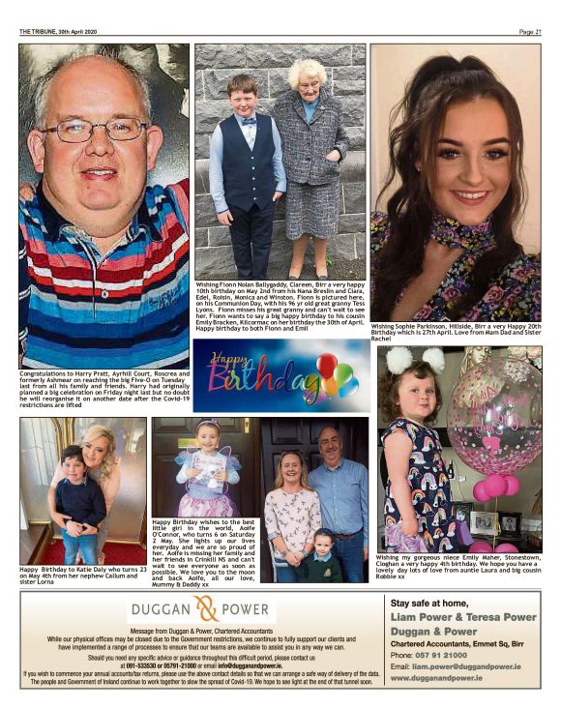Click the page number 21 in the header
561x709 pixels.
click(538, 32)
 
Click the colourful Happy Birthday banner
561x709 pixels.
click(280, 376)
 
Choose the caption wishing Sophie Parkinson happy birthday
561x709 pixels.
click(455, 332)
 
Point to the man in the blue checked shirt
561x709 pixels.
click(338, 488)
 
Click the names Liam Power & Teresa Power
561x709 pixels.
click(463, 616)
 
